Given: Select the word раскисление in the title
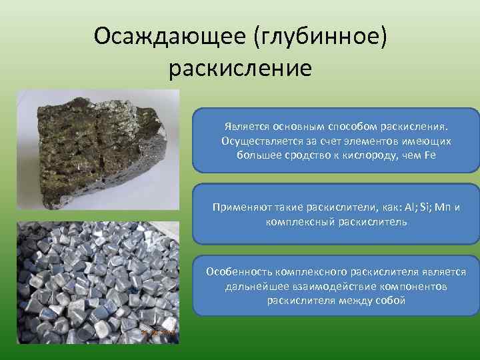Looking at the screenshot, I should [240, 67].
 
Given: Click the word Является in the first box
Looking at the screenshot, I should [245, 126].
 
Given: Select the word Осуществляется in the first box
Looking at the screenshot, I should [255, 141].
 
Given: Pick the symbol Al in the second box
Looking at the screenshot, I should [392, 207].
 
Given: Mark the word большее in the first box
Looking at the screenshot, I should [259, 155].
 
